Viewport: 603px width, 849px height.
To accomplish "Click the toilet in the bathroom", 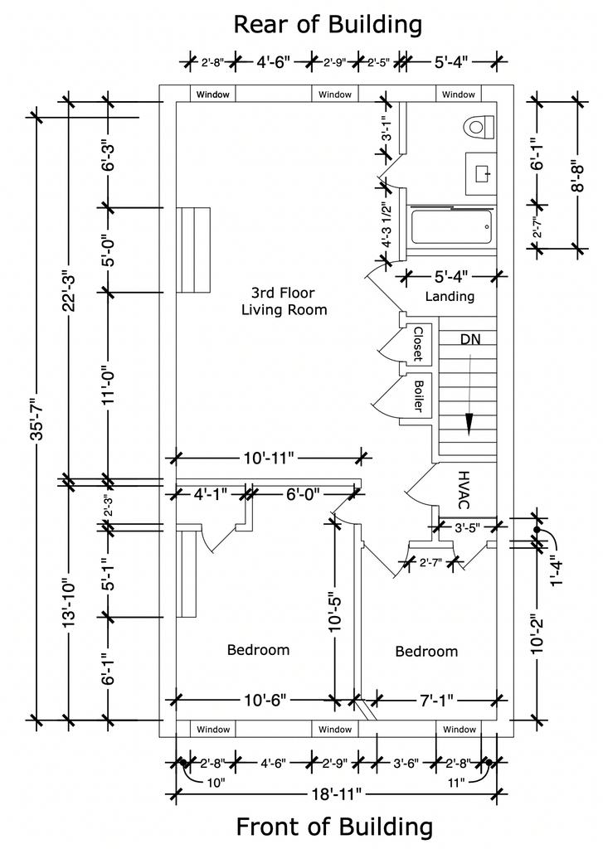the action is [x=479, y=127].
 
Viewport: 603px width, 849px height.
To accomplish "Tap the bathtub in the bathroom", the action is [x=452, y=227].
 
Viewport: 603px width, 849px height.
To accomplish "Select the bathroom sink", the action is [x=480, y=173].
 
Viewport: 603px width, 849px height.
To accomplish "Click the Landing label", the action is [x=450, y=296].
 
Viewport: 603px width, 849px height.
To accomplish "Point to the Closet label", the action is [x=418, y=343].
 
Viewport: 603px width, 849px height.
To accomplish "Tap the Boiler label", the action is [x=418, y=395].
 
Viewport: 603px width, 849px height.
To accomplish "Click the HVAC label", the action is [x=464, y=489].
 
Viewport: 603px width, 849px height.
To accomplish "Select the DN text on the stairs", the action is [x=470, y=339].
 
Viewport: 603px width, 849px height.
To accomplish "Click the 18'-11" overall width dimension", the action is [x=336, y=794].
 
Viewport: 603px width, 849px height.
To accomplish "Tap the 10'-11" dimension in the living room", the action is [x=268, y=458].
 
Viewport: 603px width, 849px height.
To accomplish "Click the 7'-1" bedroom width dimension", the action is [x=436, y=701].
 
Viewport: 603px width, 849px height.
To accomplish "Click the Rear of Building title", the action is [x=328, y=24].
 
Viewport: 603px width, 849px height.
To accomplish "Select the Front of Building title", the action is [x=334, y=827].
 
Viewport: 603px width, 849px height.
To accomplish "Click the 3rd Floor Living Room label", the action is [x=284, y=302].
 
